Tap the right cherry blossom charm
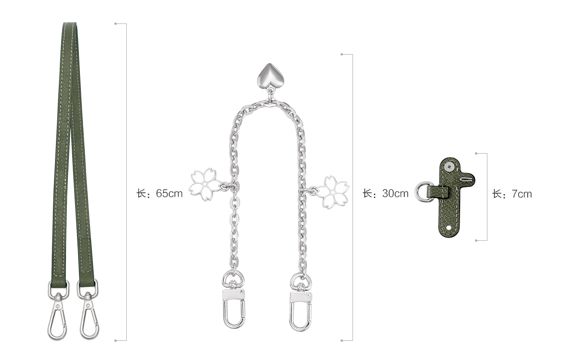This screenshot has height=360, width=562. [332, 191]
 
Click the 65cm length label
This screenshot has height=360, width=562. [159, 193]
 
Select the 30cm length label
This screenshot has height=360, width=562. [386, 193]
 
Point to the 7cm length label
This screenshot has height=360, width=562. [512, 194]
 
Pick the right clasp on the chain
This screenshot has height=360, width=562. [300, 305]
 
